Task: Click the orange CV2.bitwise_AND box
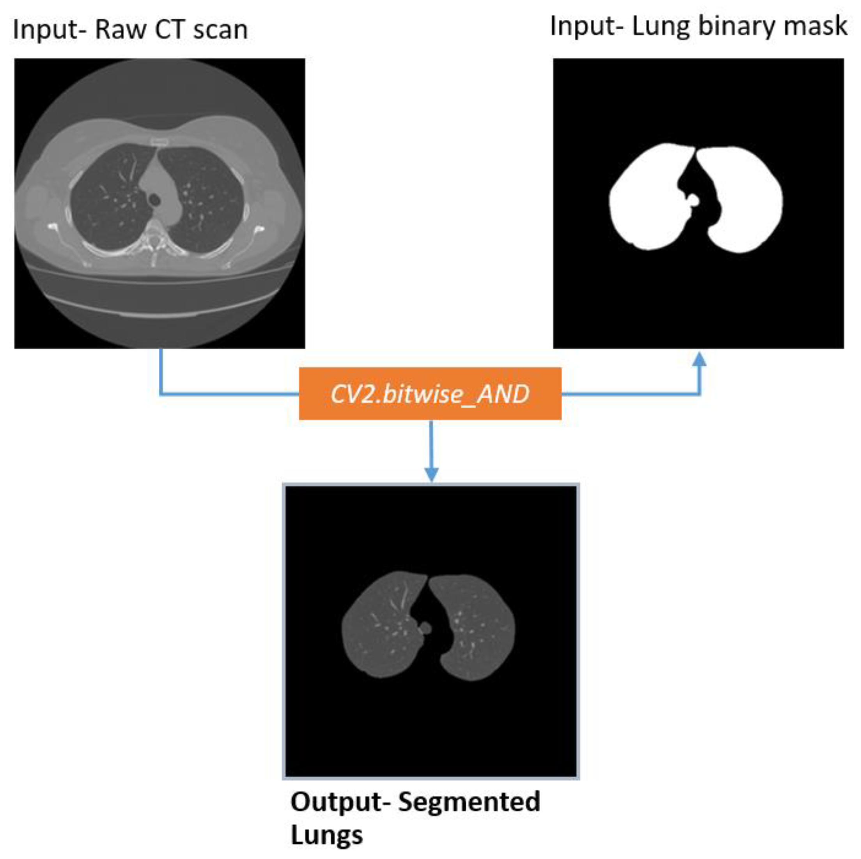tap(430, 394)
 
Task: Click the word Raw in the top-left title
tap(120, 30)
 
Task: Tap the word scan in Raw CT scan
tap(220, 30)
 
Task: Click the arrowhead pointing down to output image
tap(431, 474)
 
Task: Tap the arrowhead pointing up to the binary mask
tap(700, 359)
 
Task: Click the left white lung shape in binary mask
tap(646, 200)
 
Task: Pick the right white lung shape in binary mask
tap(744, 200)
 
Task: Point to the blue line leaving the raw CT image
tap(160, 374)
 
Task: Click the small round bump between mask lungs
tap(693, 200)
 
